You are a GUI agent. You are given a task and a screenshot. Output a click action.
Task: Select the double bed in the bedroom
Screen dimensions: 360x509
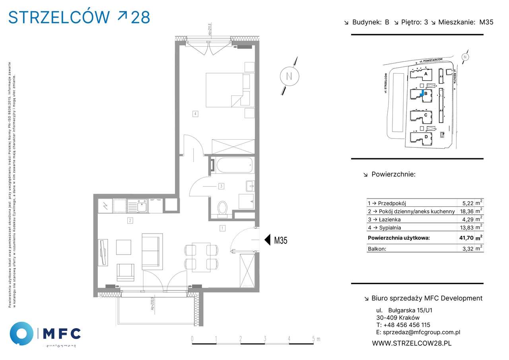(225, 90)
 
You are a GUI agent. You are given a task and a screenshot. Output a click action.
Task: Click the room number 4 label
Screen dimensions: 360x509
(195, 114)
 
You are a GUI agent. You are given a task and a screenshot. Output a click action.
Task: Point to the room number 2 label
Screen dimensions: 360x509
(130, 220)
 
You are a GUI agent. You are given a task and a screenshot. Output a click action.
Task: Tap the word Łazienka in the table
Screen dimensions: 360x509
(389, 220)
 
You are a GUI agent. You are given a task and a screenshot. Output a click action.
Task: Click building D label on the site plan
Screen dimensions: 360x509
(426, 137)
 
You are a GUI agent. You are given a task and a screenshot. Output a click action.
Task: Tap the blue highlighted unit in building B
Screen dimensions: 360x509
(422, 93)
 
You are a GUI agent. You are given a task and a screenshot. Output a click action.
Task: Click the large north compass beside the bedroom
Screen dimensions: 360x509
(289, 76)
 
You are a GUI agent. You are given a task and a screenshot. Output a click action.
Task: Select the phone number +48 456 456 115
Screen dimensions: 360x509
(403, 325)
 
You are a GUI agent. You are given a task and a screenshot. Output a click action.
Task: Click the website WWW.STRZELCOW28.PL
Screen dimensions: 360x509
(412, 343)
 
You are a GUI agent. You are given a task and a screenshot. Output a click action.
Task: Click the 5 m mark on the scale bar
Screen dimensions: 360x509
(314, 339)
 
